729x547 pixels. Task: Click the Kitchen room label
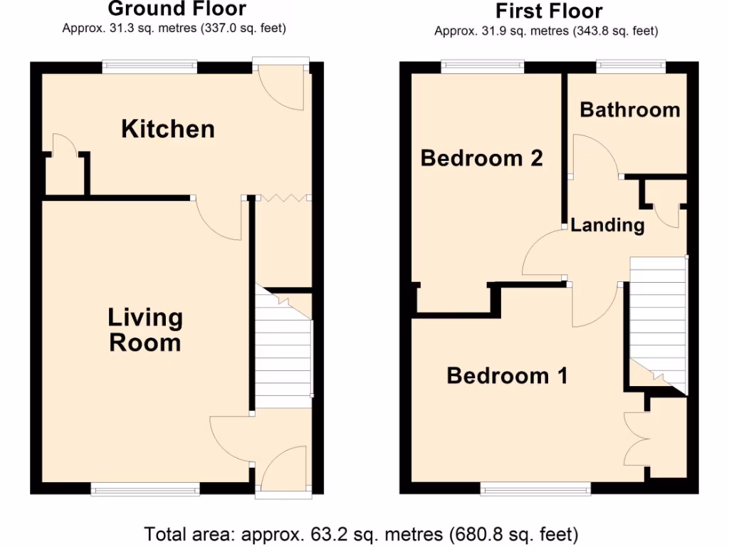[168, 129]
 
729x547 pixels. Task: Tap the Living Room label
[145, 330]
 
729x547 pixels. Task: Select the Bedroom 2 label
[481, 157]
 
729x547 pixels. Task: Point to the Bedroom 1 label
[507, 375]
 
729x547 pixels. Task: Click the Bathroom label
[629, 110]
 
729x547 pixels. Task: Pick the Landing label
[607, 226]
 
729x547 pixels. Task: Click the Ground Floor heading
[177, 9]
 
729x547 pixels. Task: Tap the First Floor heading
[548, 11]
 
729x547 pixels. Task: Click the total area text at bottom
[361, 533]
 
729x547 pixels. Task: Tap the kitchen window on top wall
[150, 67]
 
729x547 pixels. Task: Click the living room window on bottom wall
[145, 489]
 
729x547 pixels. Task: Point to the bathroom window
[631, 67]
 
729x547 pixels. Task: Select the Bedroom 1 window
[535, 489]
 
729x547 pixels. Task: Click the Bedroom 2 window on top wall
[482, 67]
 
